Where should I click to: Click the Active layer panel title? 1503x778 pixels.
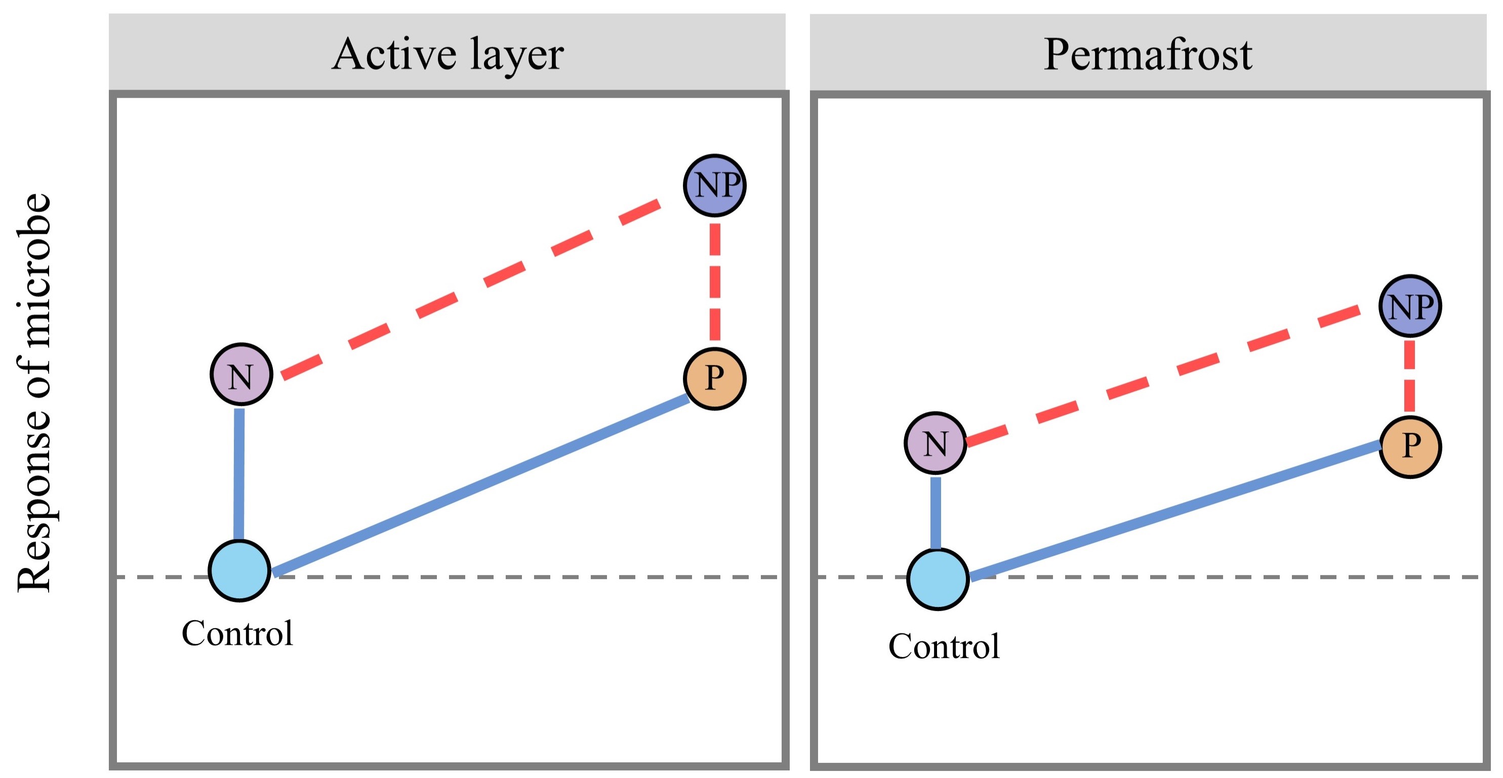pyautogui.click(x=448, y=54)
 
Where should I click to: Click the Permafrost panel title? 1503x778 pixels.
pyautogui.click(x=1147, y=54)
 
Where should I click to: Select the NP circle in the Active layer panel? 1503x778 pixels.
pyautogui.click(x=714, y=185)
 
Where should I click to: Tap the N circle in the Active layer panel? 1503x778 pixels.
pyautogui.click(x=241, y=375)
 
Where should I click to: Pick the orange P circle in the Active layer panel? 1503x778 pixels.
pyautogui.click(x=714, y=379)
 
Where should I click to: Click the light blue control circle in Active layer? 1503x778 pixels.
pyautogui.click(x=240, y=570)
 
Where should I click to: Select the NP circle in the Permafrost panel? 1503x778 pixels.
pyautogui.click(x=1410, y=306)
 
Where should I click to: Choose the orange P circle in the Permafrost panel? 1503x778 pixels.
pyautogui.click(x=1410, y=447)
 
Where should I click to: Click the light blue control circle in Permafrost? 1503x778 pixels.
pyautogui.click(x=938, y=579)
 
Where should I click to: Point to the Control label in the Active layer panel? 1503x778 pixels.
pyautogui.click(x=237, y=633)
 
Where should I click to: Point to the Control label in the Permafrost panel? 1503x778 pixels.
pyautogui.click(x=944, y=646)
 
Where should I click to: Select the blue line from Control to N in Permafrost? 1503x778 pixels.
pyautogui.click(x=936, y=513)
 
